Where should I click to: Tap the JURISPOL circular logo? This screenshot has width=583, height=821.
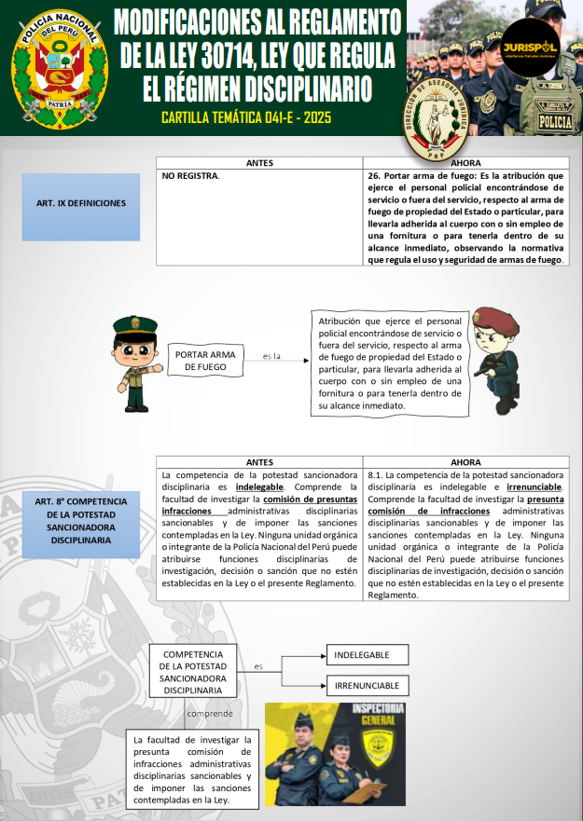[530, 47]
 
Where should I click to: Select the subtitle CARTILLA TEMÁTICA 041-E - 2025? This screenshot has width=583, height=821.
[245, 118]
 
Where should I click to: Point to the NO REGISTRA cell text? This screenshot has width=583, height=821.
[191, 175]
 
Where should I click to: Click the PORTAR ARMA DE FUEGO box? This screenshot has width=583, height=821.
[205, 361]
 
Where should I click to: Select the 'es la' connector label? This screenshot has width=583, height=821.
[271, 356]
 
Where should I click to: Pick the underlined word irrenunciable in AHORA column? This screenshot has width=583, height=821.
[534, 487]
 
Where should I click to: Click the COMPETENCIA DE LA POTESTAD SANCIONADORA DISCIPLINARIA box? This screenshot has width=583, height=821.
[193, 672]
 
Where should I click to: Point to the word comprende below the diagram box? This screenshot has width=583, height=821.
[211, 714]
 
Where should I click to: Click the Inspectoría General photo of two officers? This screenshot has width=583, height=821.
[335, 753]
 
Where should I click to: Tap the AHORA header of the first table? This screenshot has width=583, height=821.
[465, 163]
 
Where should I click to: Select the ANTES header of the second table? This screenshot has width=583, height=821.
[259, 462]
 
